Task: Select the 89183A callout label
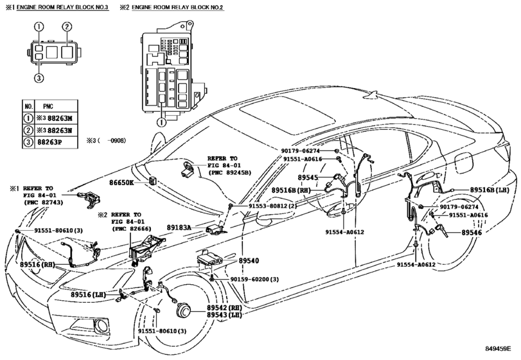coord(181,228)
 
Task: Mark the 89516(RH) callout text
coord(39,264)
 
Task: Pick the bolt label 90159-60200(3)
coord(254,280)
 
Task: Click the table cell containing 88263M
coord(54,118)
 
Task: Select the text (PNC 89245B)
coord(229,173)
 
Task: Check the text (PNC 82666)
coord(134,228)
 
